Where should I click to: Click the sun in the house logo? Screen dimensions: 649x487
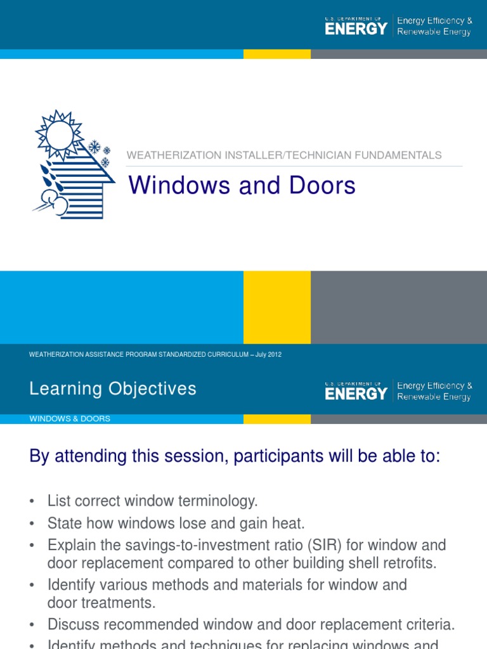pyautogui.click(x=60, y=134)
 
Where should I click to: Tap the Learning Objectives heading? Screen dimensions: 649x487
pyautogui.click(x=113, y=389)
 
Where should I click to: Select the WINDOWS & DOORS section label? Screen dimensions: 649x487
pyautogui.click(x=70, y=419)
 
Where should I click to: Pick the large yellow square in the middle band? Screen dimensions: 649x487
pyautogui.click(x=277, y=307)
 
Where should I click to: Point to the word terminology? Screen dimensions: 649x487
pyautogui.click(x=216, y=501)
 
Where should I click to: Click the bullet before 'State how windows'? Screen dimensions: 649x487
pyautogui.click(x=32, y=524)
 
